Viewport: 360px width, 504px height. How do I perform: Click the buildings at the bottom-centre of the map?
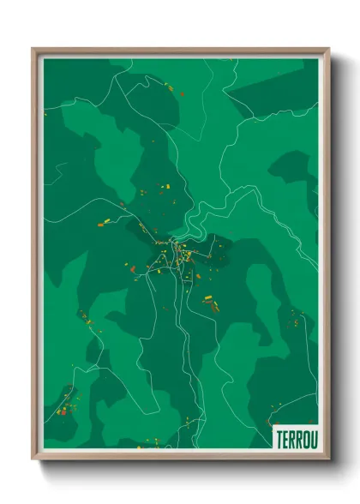pyautogui.click(x=154, y=442)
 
